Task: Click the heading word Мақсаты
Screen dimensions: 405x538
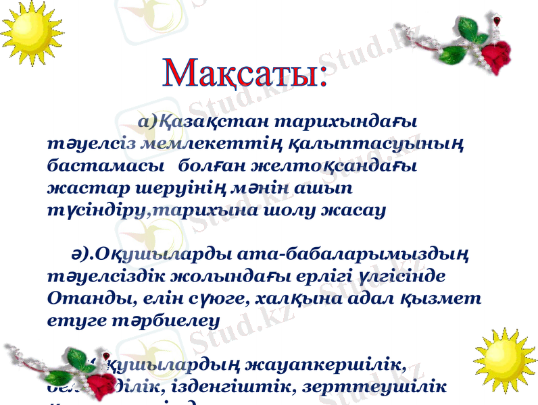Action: click(x=244, y=74)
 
